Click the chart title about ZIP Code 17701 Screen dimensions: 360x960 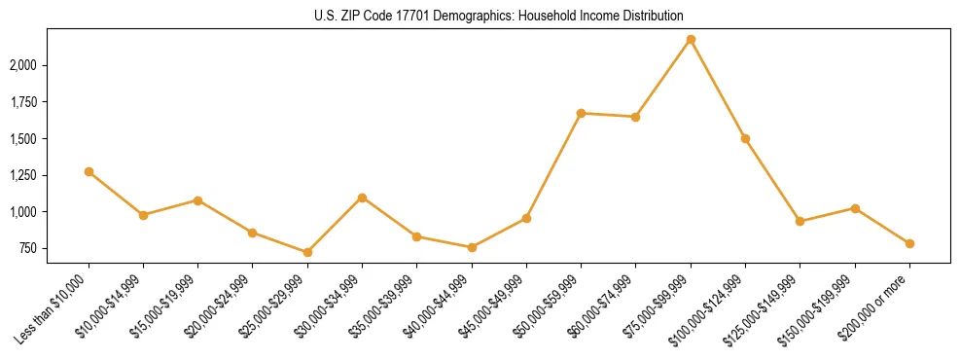pyautogui.click(x=499, y=16)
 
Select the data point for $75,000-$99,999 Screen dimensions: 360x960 pyautogui.click(x=691, y=39)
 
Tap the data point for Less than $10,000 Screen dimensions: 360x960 pyautogui.click(x=89, y=171)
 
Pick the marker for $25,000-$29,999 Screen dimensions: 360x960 pyautogui.click(x=307, y=252)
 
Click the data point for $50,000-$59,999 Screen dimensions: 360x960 pyautogui.click(x=581, y=113)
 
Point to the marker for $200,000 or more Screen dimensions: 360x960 pyautogui.click(x=909, y=243)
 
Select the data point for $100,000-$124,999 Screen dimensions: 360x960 pyautogui.click(x=745, y=138)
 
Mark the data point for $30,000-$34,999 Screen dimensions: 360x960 pyautogui.click(x=362, y=198)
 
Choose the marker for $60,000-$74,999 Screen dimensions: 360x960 pyautogui.click(x=635, y=117)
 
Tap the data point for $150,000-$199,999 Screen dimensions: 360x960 pyautogui.click(x=855, y=208)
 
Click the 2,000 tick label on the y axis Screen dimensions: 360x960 pyautogui.click(x=21, y=65)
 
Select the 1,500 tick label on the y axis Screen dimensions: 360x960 pyautogui.click(x=21, y=138)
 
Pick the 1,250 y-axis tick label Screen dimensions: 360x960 pyautogui.click(x=21, y=175)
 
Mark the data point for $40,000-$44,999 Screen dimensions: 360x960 pyautogui.click(x=472, y=247)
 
